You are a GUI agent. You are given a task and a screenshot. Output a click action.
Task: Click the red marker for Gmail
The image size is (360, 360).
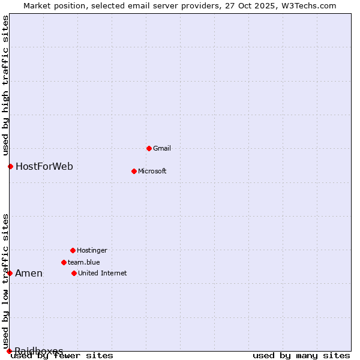point(149,148)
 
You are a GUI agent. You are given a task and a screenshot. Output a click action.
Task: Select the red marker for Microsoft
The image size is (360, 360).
point(134,171)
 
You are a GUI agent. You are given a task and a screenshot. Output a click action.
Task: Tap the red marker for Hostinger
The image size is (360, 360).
point(73,250)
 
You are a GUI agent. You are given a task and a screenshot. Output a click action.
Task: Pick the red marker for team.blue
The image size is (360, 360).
point(64,262)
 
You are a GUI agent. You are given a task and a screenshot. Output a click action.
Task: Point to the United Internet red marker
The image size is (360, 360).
point(74,273)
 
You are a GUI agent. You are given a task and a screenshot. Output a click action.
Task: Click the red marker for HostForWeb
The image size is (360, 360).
point(10,166)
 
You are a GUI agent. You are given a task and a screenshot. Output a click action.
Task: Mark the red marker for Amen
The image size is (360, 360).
point(10,273)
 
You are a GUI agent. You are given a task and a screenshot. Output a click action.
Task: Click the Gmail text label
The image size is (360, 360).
point(162,148)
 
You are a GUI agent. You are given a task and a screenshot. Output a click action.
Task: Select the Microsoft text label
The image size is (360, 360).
point(152,171)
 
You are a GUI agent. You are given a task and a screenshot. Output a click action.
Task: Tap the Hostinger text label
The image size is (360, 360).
point(92,250)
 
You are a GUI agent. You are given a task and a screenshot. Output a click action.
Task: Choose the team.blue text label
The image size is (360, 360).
point(83,262)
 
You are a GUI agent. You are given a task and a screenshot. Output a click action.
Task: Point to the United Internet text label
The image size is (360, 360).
point(102,273)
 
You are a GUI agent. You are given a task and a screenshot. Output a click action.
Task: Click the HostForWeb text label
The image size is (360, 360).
point(44,166)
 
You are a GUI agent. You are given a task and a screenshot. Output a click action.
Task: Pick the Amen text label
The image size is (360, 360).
point(29,274)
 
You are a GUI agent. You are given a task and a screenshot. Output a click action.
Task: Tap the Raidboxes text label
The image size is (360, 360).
point(39,350)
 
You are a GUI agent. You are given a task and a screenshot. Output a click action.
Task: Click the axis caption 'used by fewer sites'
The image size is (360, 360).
point(62,355)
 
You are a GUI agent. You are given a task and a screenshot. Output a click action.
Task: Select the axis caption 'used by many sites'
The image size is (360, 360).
point(301,355)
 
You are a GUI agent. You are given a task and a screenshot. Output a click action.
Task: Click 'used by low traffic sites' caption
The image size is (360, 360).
point(5,281)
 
